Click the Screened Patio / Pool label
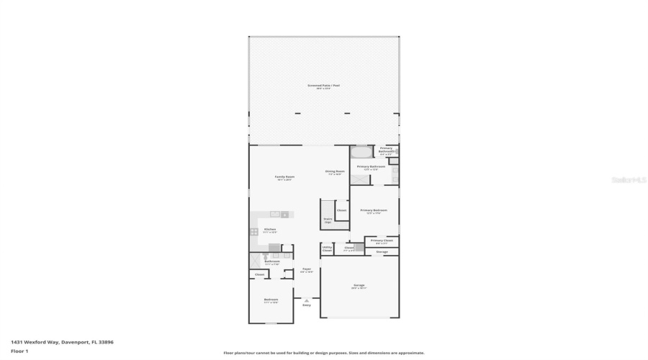323,86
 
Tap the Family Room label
284,177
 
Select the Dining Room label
336,172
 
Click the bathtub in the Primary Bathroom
361,152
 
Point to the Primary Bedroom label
374,211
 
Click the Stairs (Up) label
328,220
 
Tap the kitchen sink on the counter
274,215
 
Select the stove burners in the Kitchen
253,232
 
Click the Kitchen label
270,230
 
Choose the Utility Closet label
327,249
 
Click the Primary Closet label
382,241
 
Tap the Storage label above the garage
382,251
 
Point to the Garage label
359,286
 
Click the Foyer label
306,270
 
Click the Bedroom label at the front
271,300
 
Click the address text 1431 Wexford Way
62,343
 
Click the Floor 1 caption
19,351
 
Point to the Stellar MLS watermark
629,180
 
